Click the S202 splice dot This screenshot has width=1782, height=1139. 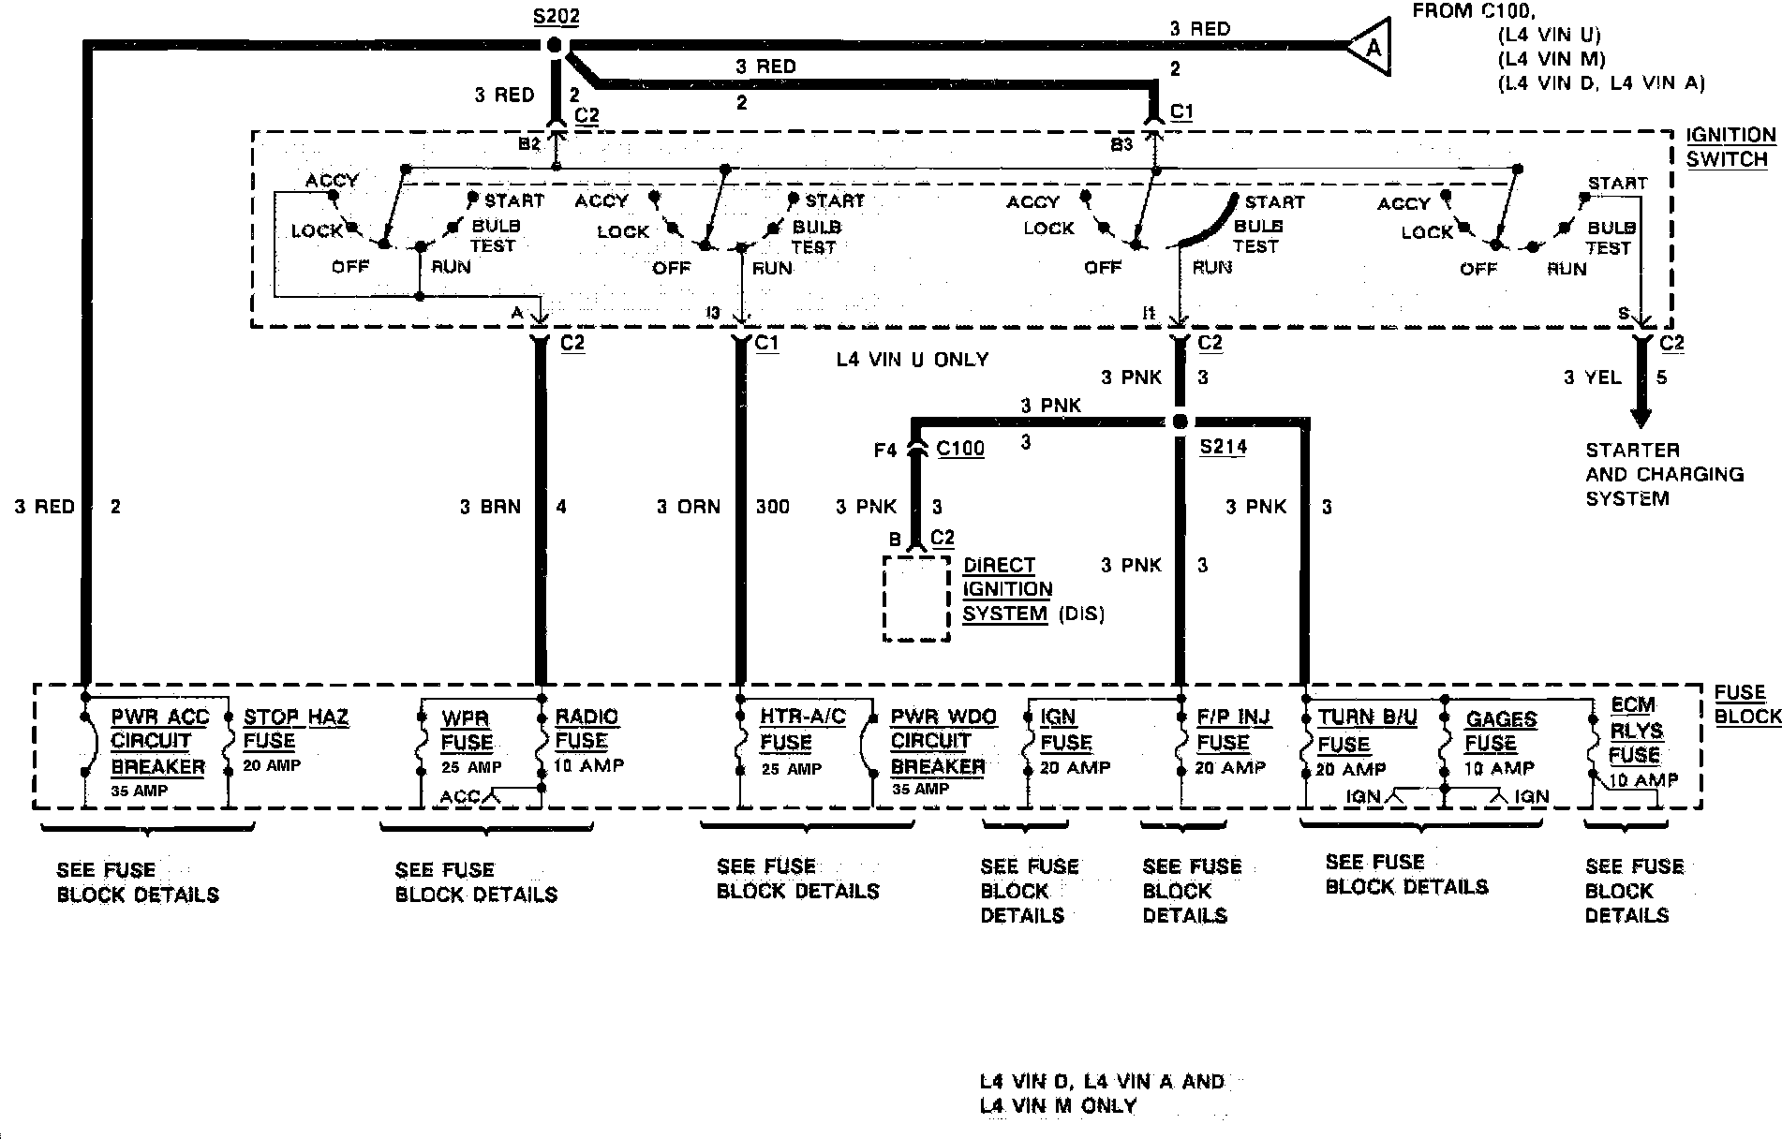tap(554, 45)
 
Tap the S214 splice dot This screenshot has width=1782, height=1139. tap(1180, 422)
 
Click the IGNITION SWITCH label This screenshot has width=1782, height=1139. tap(1730, 147)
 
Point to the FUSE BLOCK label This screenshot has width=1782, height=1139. tap(1746, 704)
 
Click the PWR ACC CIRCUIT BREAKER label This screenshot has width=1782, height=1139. tap(158, 742)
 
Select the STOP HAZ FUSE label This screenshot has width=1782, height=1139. tap(295, 730)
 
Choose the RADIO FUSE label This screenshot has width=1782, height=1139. tap(587, 729)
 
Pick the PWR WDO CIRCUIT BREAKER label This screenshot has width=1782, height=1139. tap(943, 742)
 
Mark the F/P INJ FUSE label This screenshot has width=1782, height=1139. tap(1233, 731)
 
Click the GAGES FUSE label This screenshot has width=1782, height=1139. tap(1501, 732)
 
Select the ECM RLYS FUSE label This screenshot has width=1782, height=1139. tap(1634, 731)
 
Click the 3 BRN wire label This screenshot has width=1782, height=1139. tap(490, 507)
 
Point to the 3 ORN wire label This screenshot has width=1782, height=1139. tap(689, 507)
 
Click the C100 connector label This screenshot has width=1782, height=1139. tap(960, 449)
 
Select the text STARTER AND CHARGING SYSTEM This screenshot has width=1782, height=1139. tap(1664, 475)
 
